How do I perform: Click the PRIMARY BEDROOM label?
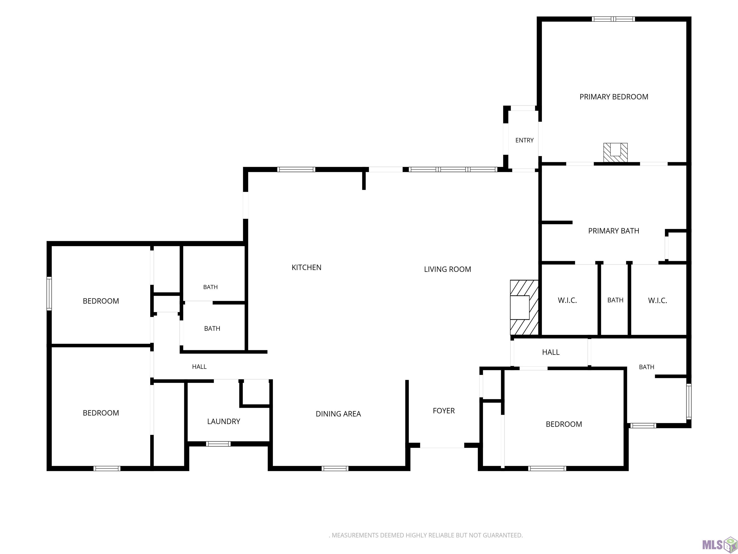point(614,97)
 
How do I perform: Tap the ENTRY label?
point(524,140)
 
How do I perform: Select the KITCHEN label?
point(306,267)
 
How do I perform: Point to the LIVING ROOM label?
point(447,269)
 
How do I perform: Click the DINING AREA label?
point(338,414)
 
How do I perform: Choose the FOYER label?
point(444,411)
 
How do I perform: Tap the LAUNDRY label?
point(223,422)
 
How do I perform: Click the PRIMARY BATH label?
point(614,231)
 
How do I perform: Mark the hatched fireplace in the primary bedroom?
point(615,153)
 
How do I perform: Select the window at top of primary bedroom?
point(613,19)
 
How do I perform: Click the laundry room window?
point(218,444)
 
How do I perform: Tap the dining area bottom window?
point(335,468)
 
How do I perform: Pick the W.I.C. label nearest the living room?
point(567,300)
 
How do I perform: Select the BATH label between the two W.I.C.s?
point(615,300)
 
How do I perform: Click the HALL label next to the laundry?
point(199,367)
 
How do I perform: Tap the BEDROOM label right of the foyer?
point(564,424)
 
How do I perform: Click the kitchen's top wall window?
point(296,169)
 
